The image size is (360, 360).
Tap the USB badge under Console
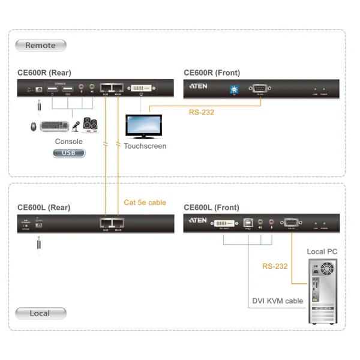coord(69,153)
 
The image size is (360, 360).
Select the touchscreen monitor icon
coord(143,127)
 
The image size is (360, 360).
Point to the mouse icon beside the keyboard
coord(35,127)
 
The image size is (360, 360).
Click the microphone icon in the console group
coord(76,126)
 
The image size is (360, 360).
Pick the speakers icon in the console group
coord(91,124)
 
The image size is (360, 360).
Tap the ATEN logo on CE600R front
coord(198,86)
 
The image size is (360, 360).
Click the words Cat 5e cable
coord(145,202)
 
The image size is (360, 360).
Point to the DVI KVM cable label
coord(277,301)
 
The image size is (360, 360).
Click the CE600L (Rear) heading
coord(44,208)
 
